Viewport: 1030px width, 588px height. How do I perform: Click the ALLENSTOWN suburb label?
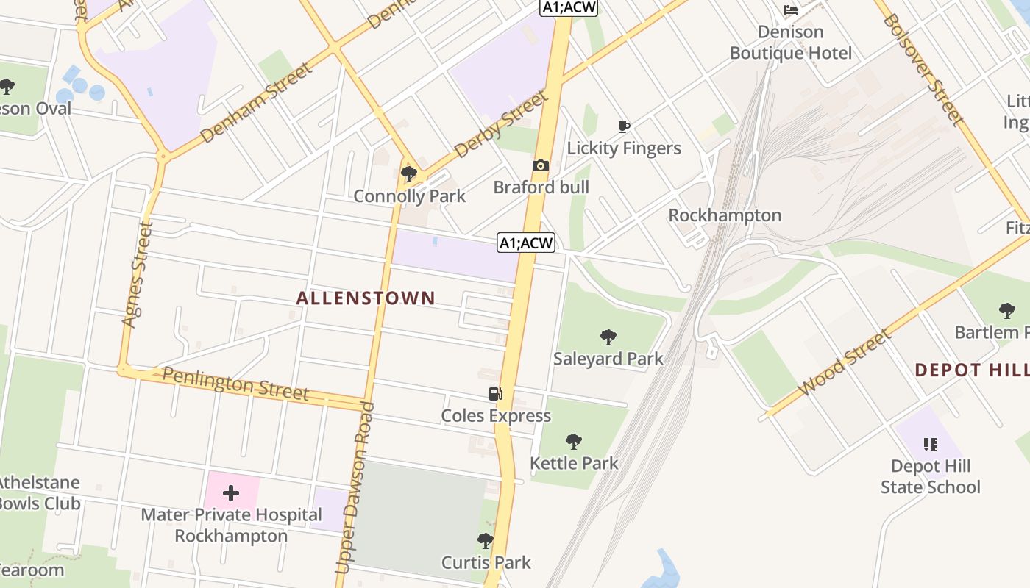pyautogui.click(x=366, y=298)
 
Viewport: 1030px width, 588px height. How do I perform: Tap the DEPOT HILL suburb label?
pyautogui.click(x=971, y=370)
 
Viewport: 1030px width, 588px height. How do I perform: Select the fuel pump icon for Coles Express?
pyautogui.click(x=496, y=394)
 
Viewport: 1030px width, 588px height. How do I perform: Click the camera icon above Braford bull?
pyautogui.click(x=541, y=166)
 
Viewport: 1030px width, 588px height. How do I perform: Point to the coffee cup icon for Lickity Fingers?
pyautogui.click(x=624, y=126)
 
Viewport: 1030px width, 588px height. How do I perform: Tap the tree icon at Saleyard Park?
pyautogui.click(x=608, y=337)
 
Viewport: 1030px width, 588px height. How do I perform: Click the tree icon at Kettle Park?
pyautogui.click(x=574, y=442)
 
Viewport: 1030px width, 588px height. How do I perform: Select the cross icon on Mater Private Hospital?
pyautogui.click(x=231, y=492)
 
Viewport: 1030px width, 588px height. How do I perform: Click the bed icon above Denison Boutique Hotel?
pyautogui.click(x=791, y=10)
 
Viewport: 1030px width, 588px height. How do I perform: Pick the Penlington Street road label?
pyautogui.click(x=235, y=384)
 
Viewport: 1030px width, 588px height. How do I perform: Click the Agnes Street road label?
pyautogui.click(x=137, y=275)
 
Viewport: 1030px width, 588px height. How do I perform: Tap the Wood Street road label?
pyautogui.click(x=844, y=362)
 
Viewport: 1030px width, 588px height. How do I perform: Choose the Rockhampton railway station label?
pyautogui.click(x=725, y=215)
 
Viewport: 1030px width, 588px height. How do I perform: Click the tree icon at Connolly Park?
pyautogui.click(x=409, y=174)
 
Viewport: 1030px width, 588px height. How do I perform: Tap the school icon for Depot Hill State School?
pyautogui.click(x=930, y=444)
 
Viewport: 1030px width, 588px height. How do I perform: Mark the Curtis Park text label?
pyautogui.click(x=486, y=563)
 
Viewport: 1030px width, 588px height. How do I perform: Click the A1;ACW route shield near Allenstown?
pyautogui.click(x=525, y=243)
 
